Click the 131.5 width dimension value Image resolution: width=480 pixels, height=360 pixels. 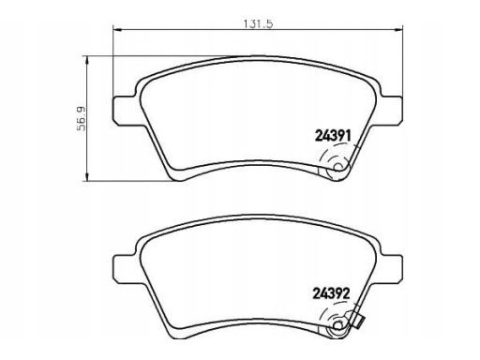pos(258,23)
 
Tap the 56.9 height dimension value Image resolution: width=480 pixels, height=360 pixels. pos(82,118)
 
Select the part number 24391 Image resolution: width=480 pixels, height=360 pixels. pos(334,136)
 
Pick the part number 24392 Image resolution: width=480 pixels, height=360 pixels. pos(331,293)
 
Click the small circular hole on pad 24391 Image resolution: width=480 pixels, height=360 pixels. pos(337,168)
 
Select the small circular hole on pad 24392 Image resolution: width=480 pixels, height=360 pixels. pos(337,325)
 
